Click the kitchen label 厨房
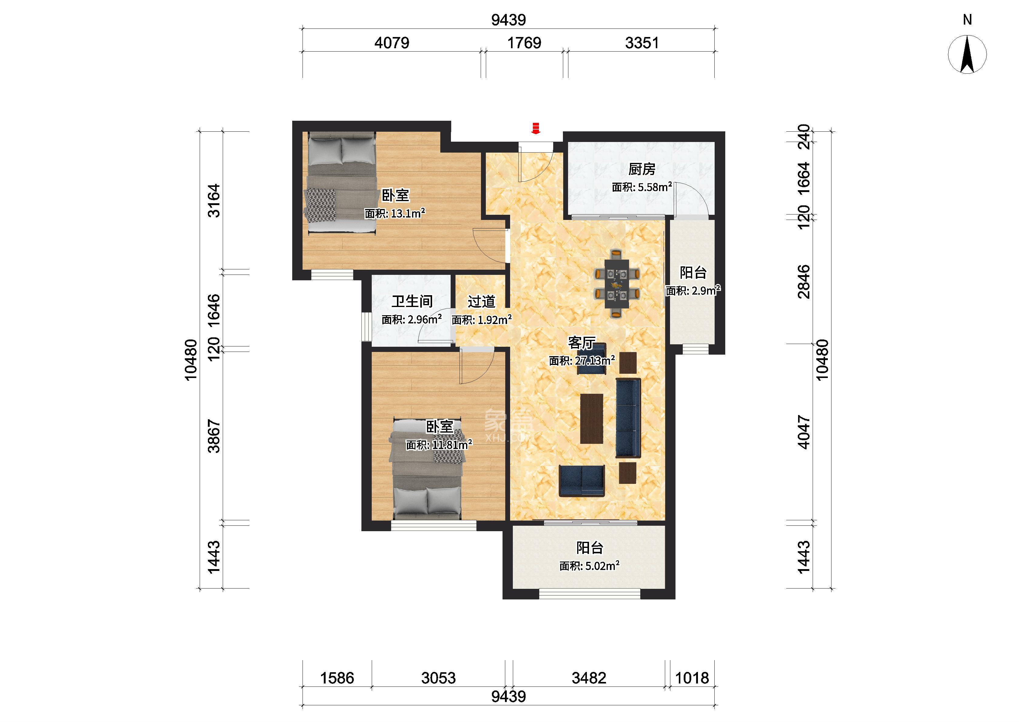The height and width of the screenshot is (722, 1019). (x=642, y=169)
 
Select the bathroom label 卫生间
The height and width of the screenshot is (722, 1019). (x=412, y=302)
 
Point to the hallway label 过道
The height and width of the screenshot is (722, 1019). (x=481, y=302)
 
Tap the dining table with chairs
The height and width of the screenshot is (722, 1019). (x=616, y=284)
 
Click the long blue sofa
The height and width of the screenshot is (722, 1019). (x=628, y=418)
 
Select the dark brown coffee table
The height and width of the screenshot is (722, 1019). (x=592, y=419)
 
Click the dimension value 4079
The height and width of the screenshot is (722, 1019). (x=392, y=43)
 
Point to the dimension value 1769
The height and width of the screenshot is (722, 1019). (x=524, y=43)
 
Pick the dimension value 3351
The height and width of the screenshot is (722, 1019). (x=642, y=43)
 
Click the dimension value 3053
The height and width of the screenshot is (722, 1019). (x=438, y=678)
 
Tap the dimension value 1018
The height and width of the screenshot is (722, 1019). (x=692, y=678)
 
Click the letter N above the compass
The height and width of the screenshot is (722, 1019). (x=967, y=19)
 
